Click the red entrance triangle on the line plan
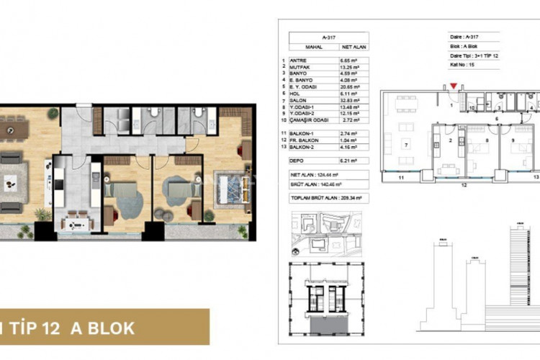[x=452, y=88]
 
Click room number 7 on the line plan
[x=407, y=145]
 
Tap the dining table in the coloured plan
[x=12, y=129]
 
